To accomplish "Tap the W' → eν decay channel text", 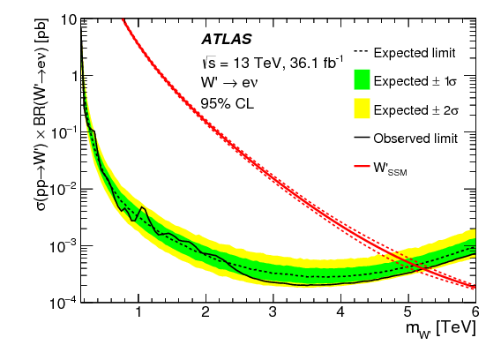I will click(230, 82).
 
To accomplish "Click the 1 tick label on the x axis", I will click(138, 312).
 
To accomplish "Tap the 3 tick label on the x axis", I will click(273, 312).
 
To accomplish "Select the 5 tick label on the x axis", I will click(408, 312).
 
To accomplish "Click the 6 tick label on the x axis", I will click(475, 312).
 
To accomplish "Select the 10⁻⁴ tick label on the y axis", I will click(64, 302).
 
